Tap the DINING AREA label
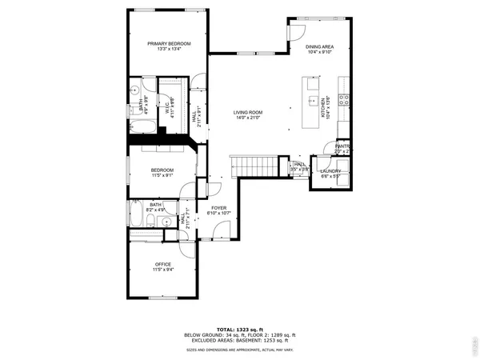[x=319, y=47]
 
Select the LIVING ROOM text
[x=248, y=112]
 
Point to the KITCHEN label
[x=324, y=104]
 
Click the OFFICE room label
[x=163, y=263]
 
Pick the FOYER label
[x=219, y=208]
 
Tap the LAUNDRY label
[x=331, y=171]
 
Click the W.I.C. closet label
[x=169, y=109]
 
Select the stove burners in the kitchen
[x=343, y=100]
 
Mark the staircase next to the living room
[x=256, y=166]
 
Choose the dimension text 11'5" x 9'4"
[x=163, y=270]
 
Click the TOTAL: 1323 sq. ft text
[x=240, y=328]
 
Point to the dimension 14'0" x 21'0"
[x=248, y=118]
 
